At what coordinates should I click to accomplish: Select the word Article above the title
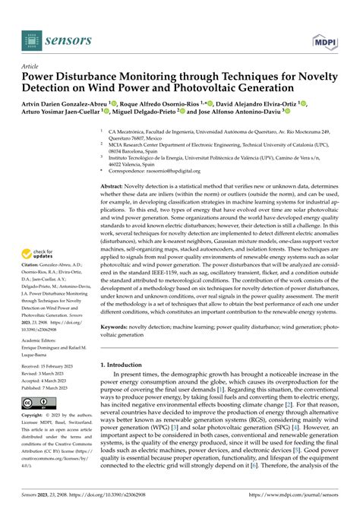32,66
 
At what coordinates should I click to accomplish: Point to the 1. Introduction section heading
131,365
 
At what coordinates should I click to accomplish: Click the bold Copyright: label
36,417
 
